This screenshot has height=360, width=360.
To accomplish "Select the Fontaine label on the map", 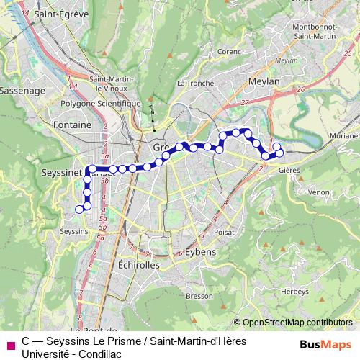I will click(x=72, y=125).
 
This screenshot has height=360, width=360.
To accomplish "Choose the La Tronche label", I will click(x=195, y=83).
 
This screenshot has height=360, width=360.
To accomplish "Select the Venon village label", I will click(x=318, y=193).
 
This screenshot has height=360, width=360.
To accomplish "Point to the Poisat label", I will click(x=225, y=233).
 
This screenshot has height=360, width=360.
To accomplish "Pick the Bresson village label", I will click(x=199, y=296).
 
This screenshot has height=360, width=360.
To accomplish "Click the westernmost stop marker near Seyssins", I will click(x=79, y=210).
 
